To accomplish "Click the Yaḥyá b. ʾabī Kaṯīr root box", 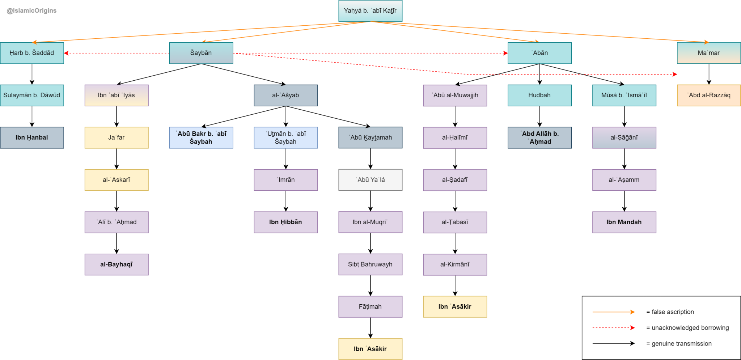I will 370,11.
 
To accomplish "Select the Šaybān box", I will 201,53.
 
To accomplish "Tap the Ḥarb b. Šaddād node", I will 32,53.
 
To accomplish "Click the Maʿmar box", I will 708,53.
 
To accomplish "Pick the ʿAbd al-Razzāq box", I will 708,96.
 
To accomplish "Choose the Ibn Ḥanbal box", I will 32,137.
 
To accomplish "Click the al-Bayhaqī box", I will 117,264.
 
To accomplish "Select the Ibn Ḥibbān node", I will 285,222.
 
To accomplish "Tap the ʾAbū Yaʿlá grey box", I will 370,180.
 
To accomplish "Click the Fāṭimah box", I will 370,307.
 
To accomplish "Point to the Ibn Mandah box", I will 624,222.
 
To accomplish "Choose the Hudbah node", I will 539,96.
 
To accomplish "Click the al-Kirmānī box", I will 455,264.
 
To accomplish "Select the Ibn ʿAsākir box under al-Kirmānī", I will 455,307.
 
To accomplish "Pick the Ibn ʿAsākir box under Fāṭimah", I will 370,349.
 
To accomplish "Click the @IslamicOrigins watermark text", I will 31,11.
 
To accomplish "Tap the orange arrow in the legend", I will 613,312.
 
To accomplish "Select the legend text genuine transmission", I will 681,344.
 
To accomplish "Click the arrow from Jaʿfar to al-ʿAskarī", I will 117,159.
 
